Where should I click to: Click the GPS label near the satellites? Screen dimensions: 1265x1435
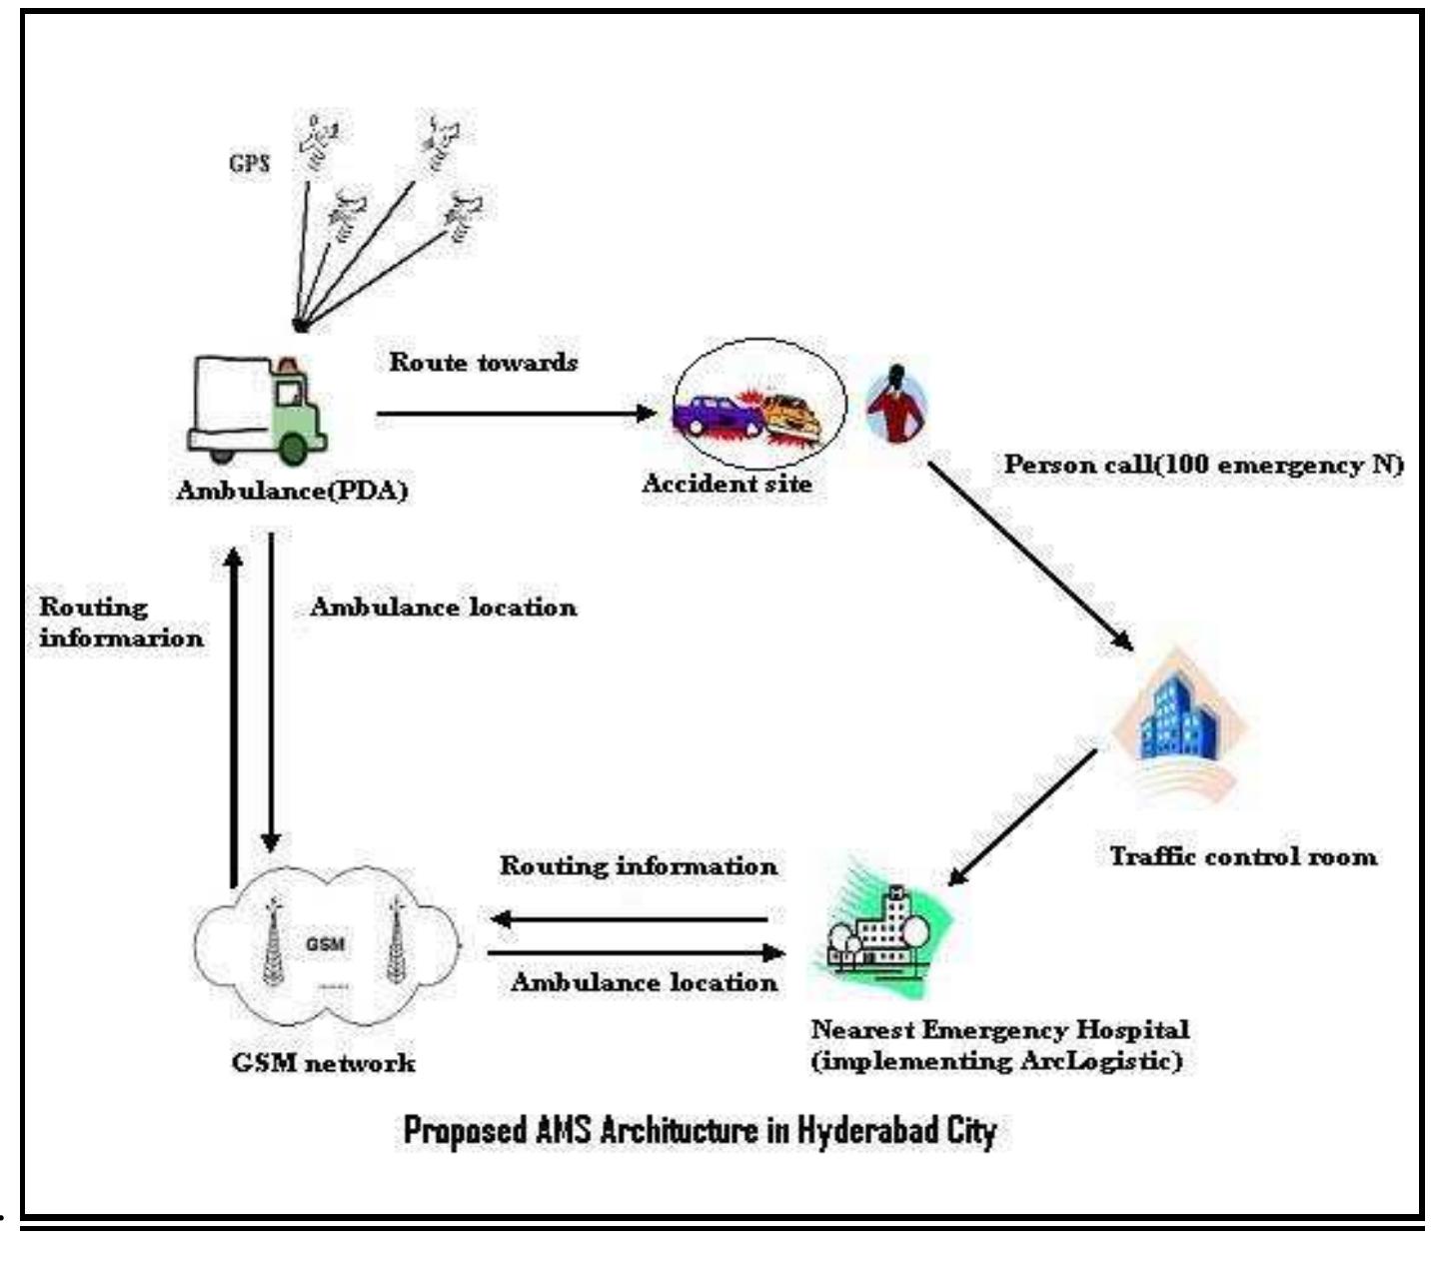point(250,164)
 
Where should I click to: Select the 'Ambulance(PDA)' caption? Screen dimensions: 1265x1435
point(292,492)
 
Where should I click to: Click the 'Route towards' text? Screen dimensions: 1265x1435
point(483,362)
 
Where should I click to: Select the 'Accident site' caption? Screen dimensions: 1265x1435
point(726,485)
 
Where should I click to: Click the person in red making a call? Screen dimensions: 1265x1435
point(896,404)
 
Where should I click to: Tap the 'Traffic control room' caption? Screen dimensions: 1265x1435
point(1243,856)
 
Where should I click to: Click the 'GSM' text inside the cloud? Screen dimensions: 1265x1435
point(325,944)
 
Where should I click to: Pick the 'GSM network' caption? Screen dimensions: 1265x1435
point(323,1062)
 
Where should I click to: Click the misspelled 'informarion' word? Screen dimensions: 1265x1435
point(121,637)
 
